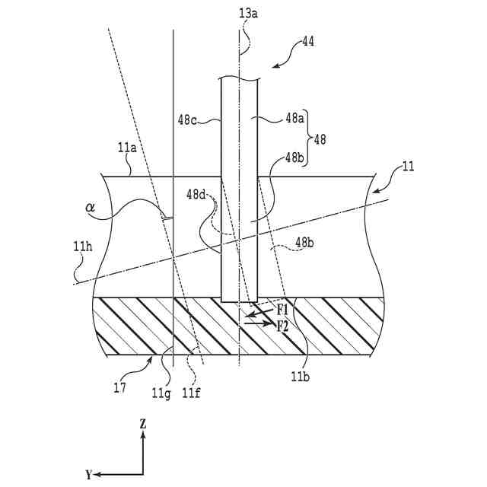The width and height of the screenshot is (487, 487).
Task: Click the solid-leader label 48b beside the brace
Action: point(296,158)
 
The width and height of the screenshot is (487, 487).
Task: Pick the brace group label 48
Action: point(320,139)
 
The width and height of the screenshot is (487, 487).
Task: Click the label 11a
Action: point(127,148)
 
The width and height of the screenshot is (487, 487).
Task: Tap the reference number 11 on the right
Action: point(408,167)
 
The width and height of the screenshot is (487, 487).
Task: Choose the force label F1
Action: point(282,310)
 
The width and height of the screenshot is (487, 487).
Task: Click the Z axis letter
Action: point(142,423)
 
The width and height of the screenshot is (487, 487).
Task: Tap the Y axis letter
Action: point(88,475)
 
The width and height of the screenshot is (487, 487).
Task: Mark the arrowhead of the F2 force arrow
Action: point(272,324)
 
